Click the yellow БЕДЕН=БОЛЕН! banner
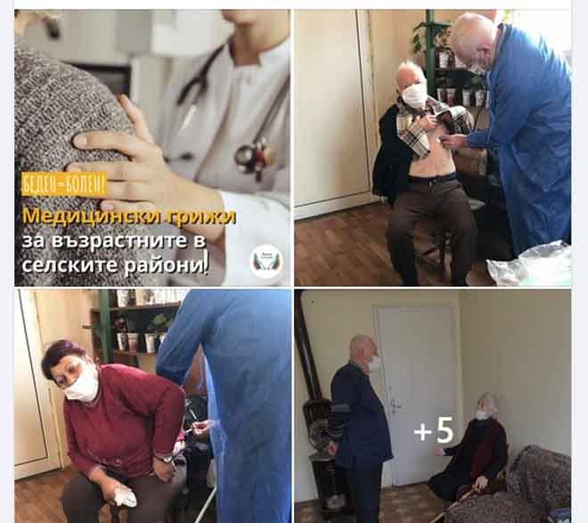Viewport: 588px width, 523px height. tap(64, 184)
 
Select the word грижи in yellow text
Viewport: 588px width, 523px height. tap(201, 217)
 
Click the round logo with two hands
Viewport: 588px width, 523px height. tap(266, 261)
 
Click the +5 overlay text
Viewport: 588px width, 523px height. tap(434, 430)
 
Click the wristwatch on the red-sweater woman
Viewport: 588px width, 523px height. tap(165, 459)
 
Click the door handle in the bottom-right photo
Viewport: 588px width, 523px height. tap(394, 405)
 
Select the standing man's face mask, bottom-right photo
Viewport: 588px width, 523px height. tap(374, 363)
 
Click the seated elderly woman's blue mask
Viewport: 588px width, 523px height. tap(481, 415)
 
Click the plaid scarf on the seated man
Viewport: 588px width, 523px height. tap(430, 123)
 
